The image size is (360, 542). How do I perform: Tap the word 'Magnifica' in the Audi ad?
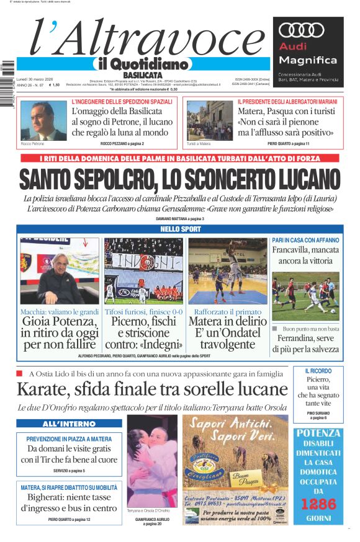pos(308,60)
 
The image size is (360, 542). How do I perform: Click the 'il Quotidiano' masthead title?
pos(140,64)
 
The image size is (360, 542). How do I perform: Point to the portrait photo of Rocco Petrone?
pos(43,120)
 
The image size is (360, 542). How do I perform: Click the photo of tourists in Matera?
pos(209,120)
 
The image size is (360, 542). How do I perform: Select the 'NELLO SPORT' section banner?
pos(179,229)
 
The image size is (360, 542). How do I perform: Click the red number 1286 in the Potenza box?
pos(318,504)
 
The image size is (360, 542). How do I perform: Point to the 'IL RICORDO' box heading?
pos(318,371)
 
